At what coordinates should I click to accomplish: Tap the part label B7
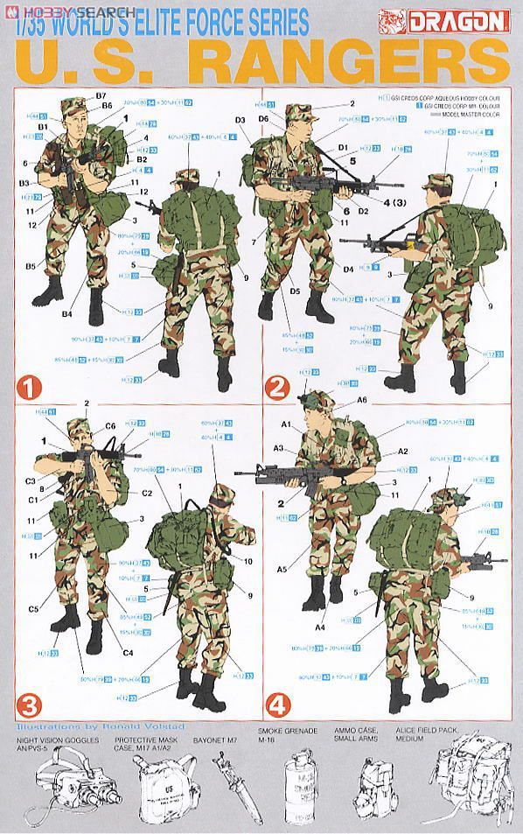point(100,95)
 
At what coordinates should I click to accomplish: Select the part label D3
point(240,118)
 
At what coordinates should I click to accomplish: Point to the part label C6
point(110,426)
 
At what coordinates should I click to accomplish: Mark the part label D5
point(295,290)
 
